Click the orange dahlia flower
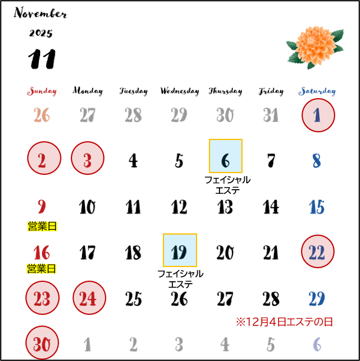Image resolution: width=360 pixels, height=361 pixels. click(314, 45)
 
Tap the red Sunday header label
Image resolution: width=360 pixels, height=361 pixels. click(42, 92)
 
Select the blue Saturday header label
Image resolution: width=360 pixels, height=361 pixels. click(317, 92)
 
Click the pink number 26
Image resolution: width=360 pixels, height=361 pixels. click(42, 115)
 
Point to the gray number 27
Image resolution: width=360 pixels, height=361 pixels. click(87, 115)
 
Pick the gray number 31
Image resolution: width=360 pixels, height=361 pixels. click(271, 115)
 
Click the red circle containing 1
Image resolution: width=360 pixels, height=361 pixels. click(318, 115)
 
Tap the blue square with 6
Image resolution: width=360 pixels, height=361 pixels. click(225, 156)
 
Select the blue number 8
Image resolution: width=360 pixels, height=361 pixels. click(316, 161)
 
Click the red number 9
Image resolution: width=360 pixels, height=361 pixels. click(42, 207)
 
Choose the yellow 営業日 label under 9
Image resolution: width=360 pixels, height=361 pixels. click(42, 226)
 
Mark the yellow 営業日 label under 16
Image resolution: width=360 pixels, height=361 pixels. click(42, 269)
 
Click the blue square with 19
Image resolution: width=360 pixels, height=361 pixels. click(179, 251)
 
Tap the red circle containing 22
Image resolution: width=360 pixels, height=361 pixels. click(318, 252)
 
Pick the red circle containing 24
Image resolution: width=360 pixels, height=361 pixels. click(89, 298)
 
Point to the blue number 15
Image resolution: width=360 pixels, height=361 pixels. click(316, 207)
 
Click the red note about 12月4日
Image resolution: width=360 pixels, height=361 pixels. click(284, 322)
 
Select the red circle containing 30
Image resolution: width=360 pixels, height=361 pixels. click(42, 343)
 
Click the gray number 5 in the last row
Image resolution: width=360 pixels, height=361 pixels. click(271, 344)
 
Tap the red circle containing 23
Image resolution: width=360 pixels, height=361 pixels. click(42, 298)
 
